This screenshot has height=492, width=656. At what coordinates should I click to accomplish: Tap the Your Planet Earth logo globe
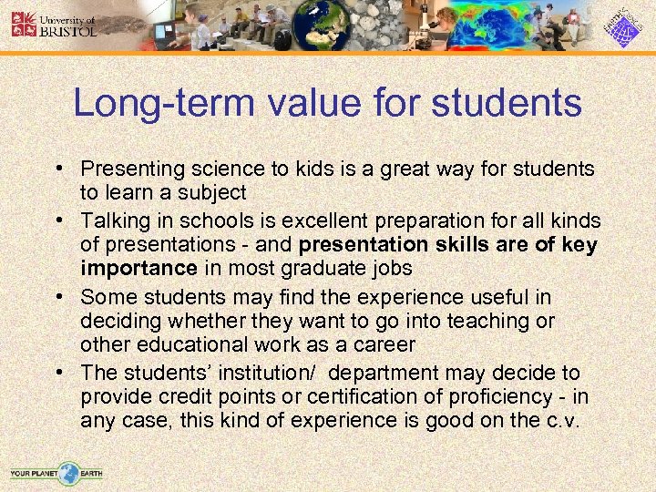pyautogui.click(x=67, y=473)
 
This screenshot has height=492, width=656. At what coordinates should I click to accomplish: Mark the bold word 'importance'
pyautogui.click(x=138, y=268)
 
